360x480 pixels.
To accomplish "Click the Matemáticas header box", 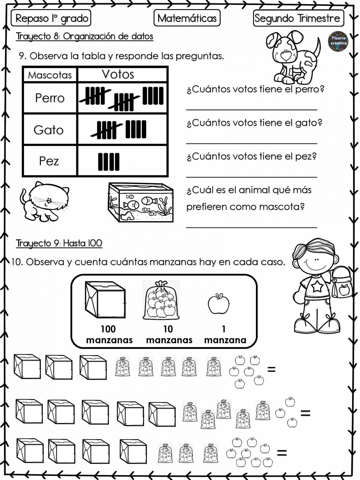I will [x=187, y=18].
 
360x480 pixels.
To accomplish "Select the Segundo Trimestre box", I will [x=298, y=18].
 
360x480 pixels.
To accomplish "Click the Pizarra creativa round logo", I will [x=338, y=40].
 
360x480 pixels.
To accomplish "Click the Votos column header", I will [x=118, y=74].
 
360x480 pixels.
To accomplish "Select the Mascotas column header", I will [x=50, y=75].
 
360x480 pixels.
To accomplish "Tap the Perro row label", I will [x=50, y=98].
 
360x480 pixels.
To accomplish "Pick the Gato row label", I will [x=49, y=130].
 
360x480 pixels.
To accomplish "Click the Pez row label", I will [x=49, y=161].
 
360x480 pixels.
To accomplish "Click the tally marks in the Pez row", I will [x=109, y=161].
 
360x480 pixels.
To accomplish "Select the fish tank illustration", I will [x=141, y=202].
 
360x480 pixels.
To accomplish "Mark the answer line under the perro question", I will [x=252, y=109].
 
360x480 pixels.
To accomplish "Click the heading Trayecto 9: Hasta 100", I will [x=59, y=243].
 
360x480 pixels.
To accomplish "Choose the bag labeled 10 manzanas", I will [x=161, y=301].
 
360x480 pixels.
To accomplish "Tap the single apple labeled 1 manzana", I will [x=219, y=303].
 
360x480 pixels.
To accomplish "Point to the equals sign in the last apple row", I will [x=282, y=452].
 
